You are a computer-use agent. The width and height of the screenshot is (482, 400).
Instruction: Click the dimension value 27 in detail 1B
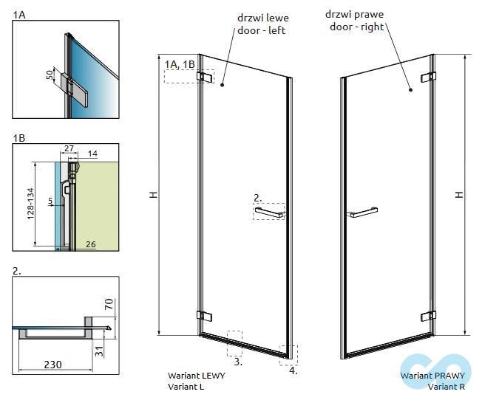pos(69,149)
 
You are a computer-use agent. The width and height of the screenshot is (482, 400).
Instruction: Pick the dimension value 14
pos(92,154)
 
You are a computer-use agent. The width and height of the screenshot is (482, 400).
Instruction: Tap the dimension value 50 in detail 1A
pos(50,75)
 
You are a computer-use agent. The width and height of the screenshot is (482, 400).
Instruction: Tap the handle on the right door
pos(364,214)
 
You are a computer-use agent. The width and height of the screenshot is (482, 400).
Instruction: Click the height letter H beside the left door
pos(154,195)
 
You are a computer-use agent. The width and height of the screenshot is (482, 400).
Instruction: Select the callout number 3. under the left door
pos(238,362)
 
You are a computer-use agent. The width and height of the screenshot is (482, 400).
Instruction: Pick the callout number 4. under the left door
pos(293,371)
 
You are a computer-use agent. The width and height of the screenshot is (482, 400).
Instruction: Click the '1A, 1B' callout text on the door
pos(180,64)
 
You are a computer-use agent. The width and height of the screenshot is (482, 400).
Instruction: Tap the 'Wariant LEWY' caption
pos(197,376)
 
